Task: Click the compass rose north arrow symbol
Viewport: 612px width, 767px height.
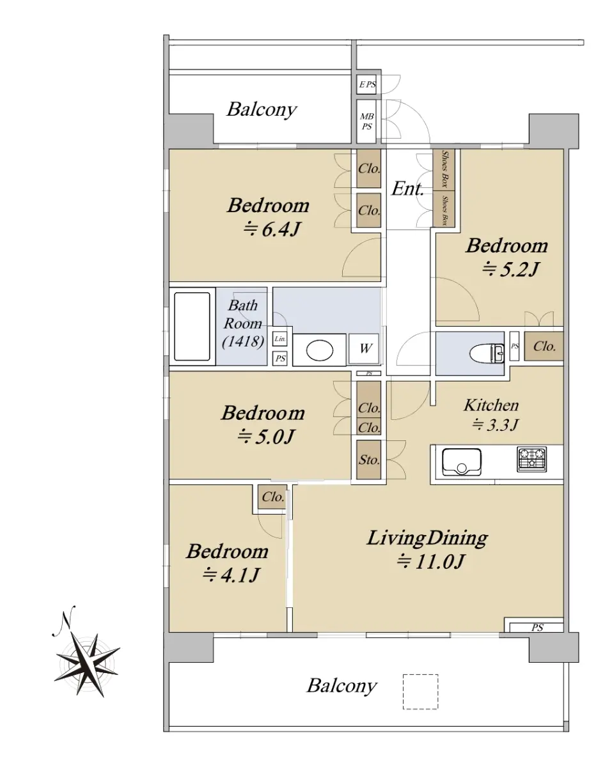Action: pyautogui.click(x=87, y=657)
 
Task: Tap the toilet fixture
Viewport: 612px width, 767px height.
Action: pyautogui.click(x=487, y=353)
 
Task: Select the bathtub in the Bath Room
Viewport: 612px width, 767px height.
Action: pyautogui.click(x=192, y=327)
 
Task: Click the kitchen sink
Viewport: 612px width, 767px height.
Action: pyautogui.click(x=462, y=462)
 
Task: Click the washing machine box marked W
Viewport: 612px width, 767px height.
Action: pyautogui.click(x=364, y=348)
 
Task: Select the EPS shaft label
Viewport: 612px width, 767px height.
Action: pyautogui.click(x=367, y=84)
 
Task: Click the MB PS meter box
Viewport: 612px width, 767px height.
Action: pyautogui.click(x=367, y=121)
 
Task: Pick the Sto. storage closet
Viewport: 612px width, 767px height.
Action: pyautogui.click(x=369, y=460)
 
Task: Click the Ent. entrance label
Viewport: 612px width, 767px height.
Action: pyautogui.click(x=407, y=189)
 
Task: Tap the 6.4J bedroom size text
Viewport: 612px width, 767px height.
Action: pyautogui.click(x=272, y=229)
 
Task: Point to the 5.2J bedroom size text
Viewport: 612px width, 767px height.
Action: pyautogui.click(x=510, y=270)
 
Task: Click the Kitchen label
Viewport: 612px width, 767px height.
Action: pyautogui.click(x=491, y=405)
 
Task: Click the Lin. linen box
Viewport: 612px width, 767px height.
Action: pyautogui.click(x=280, y=339)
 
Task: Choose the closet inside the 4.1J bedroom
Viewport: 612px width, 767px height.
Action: pyautogui.click(x=272, y=497)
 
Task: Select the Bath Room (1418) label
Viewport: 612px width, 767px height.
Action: pyautogui.click(x=242, y=323)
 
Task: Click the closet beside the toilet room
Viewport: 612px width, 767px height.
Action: pyautogui.click(x=544, y=346)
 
